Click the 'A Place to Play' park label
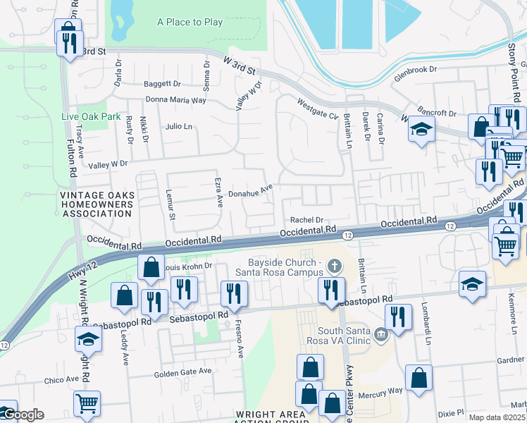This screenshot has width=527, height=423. (190, 23)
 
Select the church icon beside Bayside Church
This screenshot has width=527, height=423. (335, 267)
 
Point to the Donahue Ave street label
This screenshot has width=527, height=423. (251, 191)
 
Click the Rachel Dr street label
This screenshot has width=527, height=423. (306, 220)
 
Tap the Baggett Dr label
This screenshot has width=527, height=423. (162, 84)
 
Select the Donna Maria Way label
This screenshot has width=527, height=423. (175, 100)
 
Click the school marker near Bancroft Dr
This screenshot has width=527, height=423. (421, 130)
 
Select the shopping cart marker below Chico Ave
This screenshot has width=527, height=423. (87, 403)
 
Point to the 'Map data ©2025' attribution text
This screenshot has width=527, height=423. (497, 417)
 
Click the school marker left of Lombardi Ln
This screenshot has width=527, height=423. (472, 283)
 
